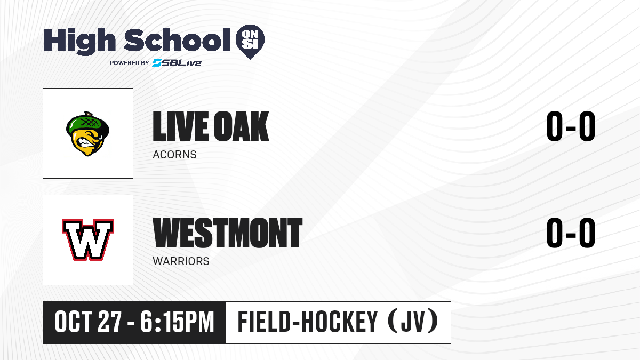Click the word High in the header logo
[x=79, y=41]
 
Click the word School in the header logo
[x=177, y=39]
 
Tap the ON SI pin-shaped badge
[x=250, y=42]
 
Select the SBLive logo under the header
[x=177, y=62]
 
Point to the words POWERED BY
[x=130, y=63]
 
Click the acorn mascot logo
[x=87, y=134]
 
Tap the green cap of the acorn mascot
[x=87, y=124]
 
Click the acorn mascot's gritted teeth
[x=85, y=142]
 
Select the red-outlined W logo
[x=88, y=239]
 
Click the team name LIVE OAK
[x=211, y=126]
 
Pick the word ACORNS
[x=174, y=155]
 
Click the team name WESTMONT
[x=227, y=233]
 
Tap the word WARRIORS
[x=181, y=261]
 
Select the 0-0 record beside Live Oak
[x=571, y=126]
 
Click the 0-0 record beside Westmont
[x=571, y=233]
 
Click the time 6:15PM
[x=178, y=322]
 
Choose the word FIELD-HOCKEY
[x=308, y=322]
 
